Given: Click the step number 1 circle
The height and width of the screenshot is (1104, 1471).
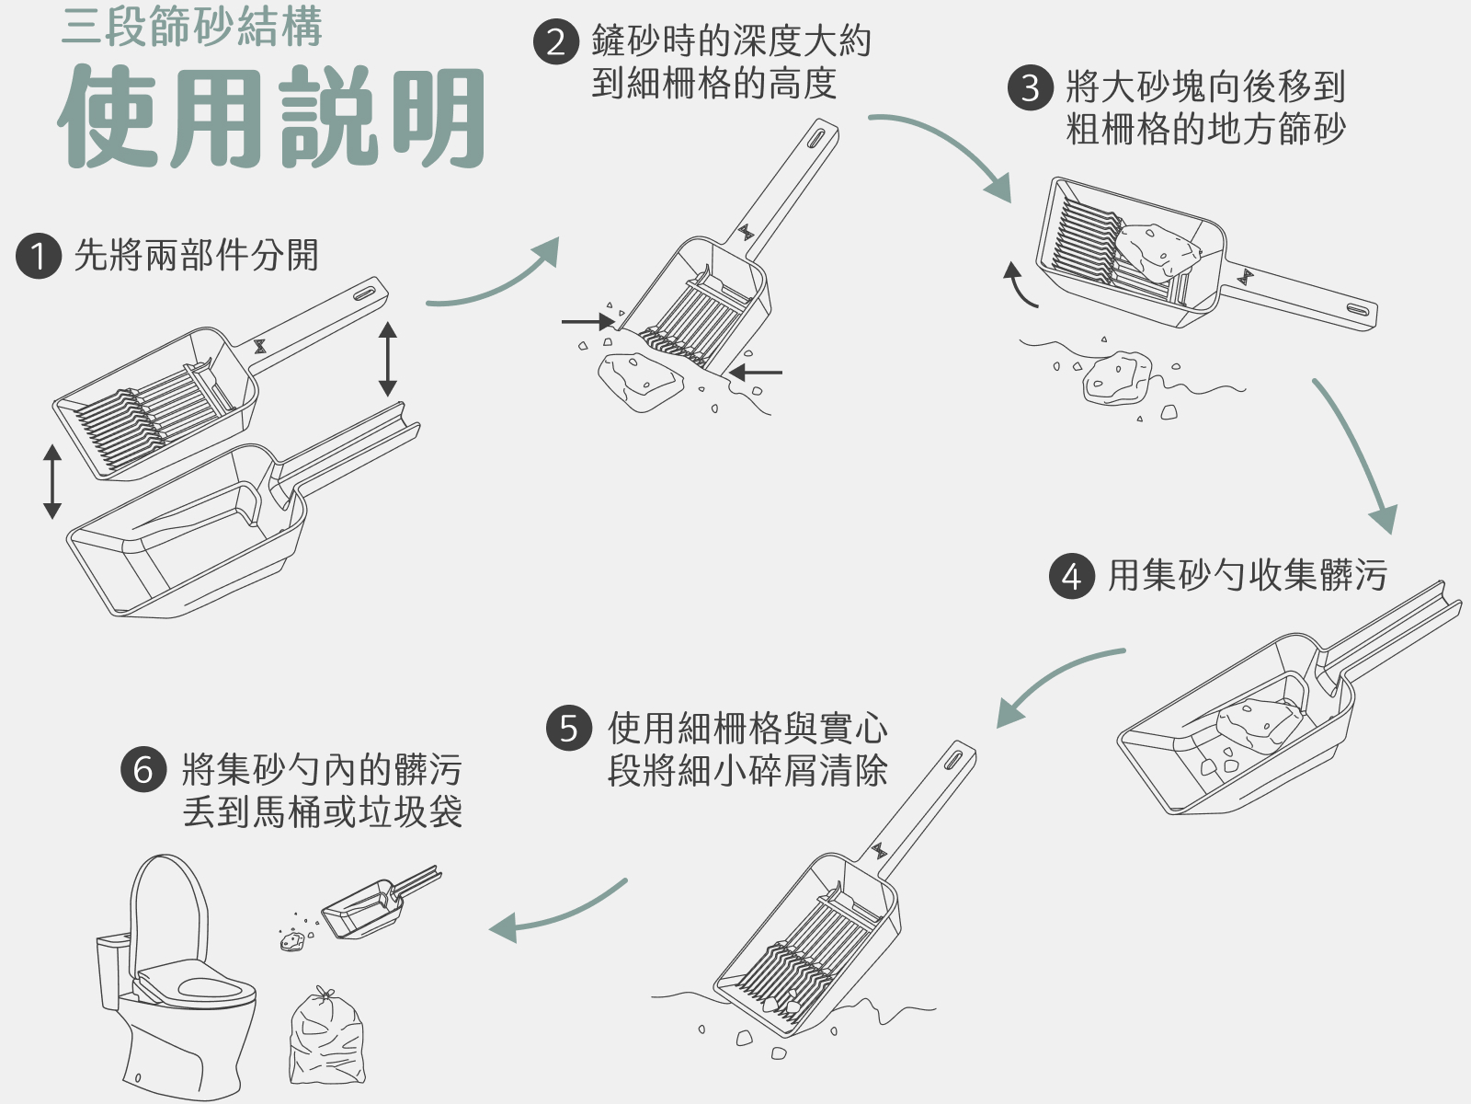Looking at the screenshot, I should (x=38, y=256).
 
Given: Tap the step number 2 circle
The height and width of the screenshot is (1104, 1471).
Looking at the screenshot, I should (x=555, y=42).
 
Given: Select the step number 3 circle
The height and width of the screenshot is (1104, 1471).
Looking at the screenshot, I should (x=1030, y=88).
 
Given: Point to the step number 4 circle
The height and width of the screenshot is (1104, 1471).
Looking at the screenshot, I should (x=1071, y=577).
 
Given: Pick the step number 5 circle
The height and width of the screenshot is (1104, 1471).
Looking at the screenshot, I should (x=569, y=729).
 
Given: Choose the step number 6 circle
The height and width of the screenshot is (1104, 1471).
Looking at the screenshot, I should (x=143, y=770).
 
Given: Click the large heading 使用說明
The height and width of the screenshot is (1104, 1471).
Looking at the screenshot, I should (x=272, y=118).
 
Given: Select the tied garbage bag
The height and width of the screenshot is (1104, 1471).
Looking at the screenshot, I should (x=326, y=1038).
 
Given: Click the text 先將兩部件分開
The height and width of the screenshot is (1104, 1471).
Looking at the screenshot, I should (x=196, y=256).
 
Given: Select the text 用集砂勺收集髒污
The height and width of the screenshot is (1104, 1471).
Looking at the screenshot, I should (x=1247, y=576).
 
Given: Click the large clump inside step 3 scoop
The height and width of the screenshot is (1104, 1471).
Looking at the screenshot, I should (x=1156, y=248).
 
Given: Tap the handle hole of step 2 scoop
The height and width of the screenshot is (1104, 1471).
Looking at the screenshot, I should (x=815, y=140).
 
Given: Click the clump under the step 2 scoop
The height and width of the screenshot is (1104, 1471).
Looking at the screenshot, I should (x=640, y=379).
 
